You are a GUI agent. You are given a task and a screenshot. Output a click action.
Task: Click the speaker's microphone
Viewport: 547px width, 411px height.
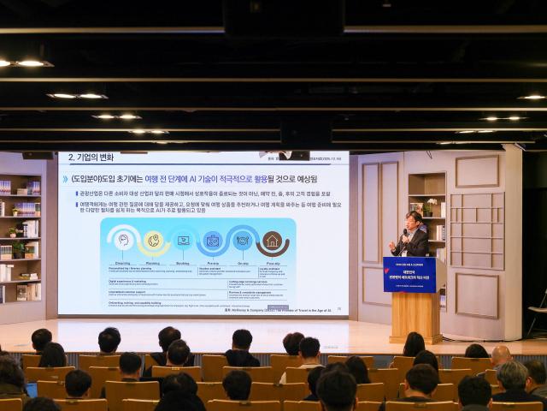(x=403, y=234)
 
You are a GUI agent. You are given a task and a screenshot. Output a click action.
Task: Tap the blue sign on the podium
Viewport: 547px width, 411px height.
(x=409, y=274)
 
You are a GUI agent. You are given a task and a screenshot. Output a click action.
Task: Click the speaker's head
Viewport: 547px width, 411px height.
(x=414, y=218)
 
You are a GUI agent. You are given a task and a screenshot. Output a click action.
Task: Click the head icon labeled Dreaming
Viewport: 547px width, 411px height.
(x=123, y=241)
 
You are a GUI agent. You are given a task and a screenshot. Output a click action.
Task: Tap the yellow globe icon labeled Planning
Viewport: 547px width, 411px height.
(x=154, y=241)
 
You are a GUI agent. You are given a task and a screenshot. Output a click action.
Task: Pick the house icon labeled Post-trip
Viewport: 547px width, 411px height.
(x=272, y=241)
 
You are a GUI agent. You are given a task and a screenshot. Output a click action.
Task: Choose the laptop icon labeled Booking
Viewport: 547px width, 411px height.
(x=183, y=241)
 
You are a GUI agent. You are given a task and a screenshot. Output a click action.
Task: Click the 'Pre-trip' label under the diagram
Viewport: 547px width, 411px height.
(x=213, y=263)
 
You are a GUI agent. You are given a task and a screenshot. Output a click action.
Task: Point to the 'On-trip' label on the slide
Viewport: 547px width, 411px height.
(x=242, y=263)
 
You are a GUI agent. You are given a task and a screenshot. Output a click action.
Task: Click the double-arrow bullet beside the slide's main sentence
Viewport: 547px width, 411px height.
(x=65, y=179)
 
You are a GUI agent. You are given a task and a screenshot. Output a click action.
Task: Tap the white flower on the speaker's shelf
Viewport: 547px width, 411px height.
(x=429, y=204)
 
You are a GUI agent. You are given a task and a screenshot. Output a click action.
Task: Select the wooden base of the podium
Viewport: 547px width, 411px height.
(x=415, y=317)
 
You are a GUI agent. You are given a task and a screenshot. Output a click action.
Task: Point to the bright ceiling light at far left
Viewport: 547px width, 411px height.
(x=31, y=63)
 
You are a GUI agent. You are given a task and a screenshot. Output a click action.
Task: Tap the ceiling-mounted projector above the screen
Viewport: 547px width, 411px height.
(x=294, y=155)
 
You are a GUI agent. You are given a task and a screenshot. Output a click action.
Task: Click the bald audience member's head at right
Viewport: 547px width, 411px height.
(x=501, y=354)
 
